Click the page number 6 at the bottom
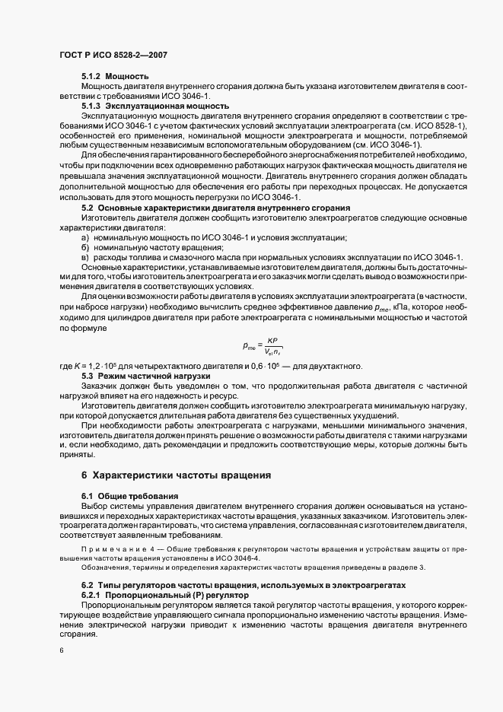click(61, 650)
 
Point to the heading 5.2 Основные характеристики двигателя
click(215, 208)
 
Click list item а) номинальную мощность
click(213, 237)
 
